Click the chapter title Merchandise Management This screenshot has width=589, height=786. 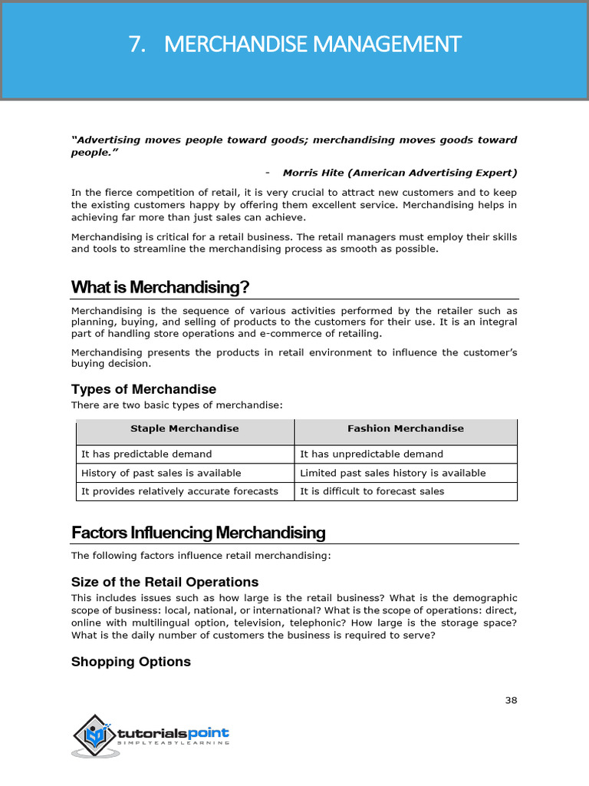[x=313, y=45]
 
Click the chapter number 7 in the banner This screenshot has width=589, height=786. [x=137, y=45]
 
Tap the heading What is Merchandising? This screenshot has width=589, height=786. [x=160, y=287]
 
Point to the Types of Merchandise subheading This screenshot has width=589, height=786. [x=143, y=389]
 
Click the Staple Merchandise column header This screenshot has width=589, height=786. [x=185, y=428]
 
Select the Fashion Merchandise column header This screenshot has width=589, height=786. [x=405, y=428]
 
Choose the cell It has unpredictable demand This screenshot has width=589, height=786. [x=371, y=454]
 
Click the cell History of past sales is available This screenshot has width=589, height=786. [x=161, y=473]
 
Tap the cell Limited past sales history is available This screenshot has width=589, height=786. [x=393, y=473]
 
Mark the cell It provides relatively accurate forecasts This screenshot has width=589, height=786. [x=179, y=491]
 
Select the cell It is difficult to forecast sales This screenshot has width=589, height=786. [x=372, y=491]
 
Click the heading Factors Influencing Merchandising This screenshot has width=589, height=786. [x=198, y=533]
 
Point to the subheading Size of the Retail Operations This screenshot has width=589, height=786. [x=165, y=582]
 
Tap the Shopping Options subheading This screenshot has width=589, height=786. [x=131, y=662]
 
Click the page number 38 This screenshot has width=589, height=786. [x=511, y=700]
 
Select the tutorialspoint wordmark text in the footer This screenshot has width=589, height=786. [x=173, y=733]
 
